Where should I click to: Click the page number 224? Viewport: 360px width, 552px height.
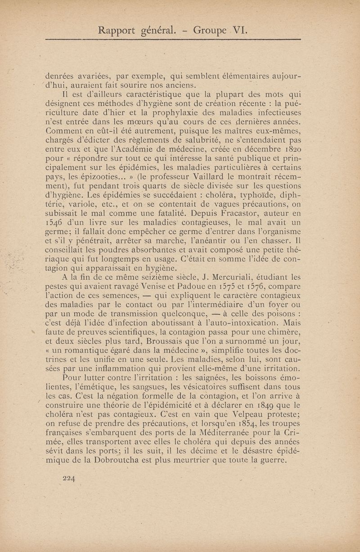(x=68, y=479)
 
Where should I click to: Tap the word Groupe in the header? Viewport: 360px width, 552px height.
(x=209, y=31)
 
